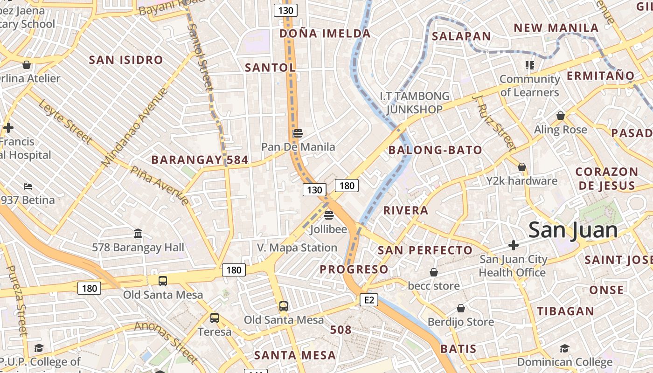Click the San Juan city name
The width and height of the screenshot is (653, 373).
[573, 230]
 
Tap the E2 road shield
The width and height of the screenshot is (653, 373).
[368, 300]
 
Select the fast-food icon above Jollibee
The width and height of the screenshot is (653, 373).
[329, 215]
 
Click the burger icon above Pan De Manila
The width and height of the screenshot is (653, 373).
[298, 133]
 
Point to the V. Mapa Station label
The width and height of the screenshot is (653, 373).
[297, 248]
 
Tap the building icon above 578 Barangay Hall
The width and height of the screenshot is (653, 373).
[138, 233]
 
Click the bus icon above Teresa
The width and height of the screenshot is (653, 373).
[215, 318]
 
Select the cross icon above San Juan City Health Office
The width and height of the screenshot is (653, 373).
[514, 245]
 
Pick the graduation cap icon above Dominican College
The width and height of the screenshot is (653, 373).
[564, 348]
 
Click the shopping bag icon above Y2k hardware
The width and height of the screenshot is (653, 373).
[522, 167]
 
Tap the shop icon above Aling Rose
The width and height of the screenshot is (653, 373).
[561, 116]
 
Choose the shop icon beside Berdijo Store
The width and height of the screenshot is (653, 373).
[461, 308]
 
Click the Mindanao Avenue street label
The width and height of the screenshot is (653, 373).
[134, 127]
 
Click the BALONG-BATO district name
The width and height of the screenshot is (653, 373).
[435, 150]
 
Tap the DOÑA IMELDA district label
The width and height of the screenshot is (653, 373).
[325, 34]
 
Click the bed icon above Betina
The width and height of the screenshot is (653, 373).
[28, 186]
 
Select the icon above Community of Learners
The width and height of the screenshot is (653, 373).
[529, 65]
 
